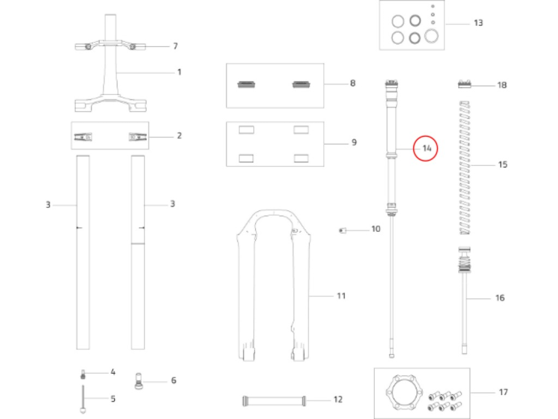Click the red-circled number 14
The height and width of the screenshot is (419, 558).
[427, 148]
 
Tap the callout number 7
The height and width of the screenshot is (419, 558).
[175, 46]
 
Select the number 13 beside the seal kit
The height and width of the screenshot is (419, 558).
[478, 23]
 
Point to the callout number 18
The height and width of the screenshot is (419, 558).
[502, 85]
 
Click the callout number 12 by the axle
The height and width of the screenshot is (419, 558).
[338, 399]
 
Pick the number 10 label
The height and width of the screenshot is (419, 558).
[376, 228]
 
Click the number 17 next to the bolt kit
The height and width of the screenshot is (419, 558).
[503, 392]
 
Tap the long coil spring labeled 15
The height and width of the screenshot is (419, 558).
[465, 168]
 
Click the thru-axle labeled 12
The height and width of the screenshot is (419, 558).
[273, 401]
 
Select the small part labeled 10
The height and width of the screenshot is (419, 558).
[343, 231]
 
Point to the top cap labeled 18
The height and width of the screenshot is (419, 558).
[464, 84]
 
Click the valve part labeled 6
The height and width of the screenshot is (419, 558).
[138, 381]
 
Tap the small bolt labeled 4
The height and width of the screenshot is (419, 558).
[83, 374]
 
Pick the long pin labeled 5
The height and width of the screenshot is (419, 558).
[83, 399]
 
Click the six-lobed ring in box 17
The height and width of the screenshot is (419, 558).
[404, 393]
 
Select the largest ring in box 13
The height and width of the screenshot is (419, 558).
[431, 36]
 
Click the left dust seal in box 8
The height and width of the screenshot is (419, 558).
[246, 84]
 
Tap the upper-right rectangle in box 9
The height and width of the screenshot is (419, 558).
[301, 130]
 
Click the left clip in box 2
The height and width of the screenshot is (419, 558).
[83, 137]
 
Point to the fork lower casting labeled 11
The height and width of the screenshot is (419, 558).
[273, 285]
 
